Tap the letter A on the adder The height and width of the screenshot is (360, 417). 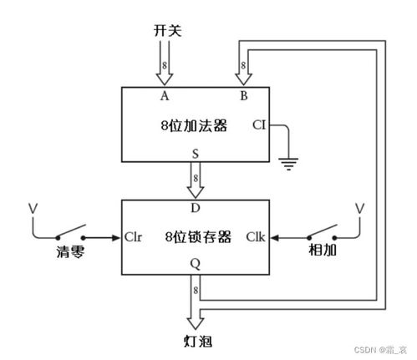165,95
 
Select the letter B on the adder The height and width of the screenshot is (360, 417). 244,95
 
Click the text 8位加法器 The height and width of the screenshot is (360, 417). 194,126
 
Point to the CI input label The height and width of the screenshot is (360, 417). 260,126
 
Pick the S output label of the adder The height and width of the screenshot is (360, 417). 196,154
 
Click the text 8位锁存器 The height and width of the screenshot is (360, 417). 194,236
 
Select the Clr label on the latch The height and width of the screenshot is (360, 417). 135,236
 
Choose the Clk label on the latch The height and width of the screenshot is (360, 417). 256,236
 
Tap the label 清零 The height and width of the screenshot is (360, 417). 71,251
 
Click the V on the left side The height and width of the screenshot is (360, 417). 32,207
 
